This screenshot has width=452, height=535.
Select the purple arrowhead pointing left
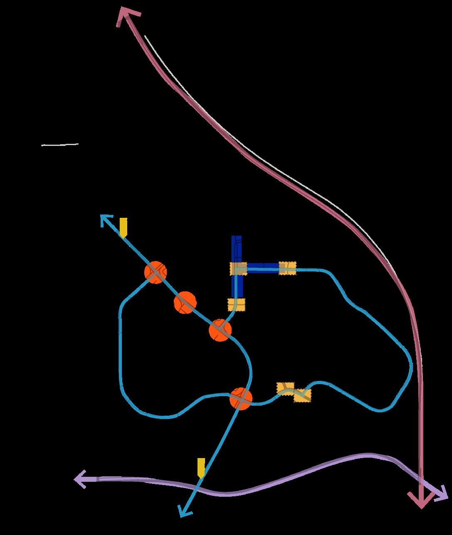[81, 479]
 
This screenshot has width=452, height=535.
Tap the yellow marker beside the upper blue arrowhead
[123, 227]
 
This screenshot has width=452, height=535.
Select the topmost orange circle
[156, 272]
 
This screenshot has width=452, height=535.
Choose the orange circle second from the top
[185, 302]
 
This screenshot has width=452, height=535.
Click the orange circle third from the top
[220, 330]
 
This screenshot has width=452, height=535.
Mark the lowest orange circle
[241, 398]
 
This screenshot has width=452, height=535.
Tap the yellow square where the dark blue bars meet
[238, 269]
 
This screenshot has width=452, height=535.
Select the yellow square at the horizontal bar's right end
[287, 268]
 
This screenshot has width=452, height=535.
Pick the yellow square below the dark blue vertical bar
[237, 304]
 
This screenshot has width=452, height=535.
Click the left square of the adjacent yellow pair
[286, 389]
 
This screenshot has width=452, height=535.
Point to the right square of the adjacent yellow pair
[302, 395]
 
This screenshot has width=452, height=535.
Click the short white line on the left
[60, 145]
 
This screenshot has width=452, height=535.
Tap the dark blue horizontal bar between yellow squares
[263, 268]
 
